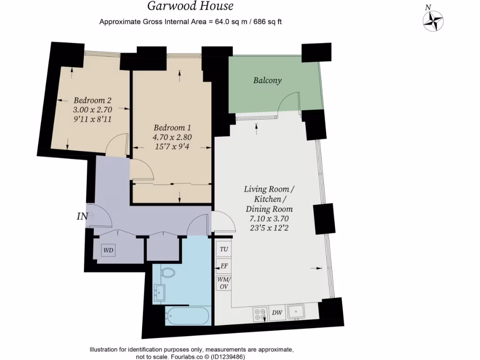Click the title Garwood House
pyautogui.click(x=190, y=7)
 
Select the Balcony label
pyautogui.click(x=267, y=80)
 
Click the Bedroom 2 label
pyautogui.click(x=92, y=100)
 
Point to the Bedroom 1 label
pyautogui.click(x=172, y=127)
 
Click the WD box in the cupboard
pyautogui.click(x=108, y=251)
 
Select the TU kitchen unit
pyautogui.click(x=224, y=249)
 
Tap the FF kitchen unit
pyautogui.click(x=224, y=266)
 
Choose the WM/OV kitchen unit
pyautogui.click(x=224, y=283)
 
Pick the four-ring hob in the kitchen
pyautogui.click(x=259, y=314)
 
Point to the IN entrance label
pyautogui.click(x=82, y=216)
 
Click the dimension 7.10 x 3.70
pyautogui.click(x=269, y=218)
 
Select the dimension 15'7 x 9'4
pyautogui.click(x=172, y=146)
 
